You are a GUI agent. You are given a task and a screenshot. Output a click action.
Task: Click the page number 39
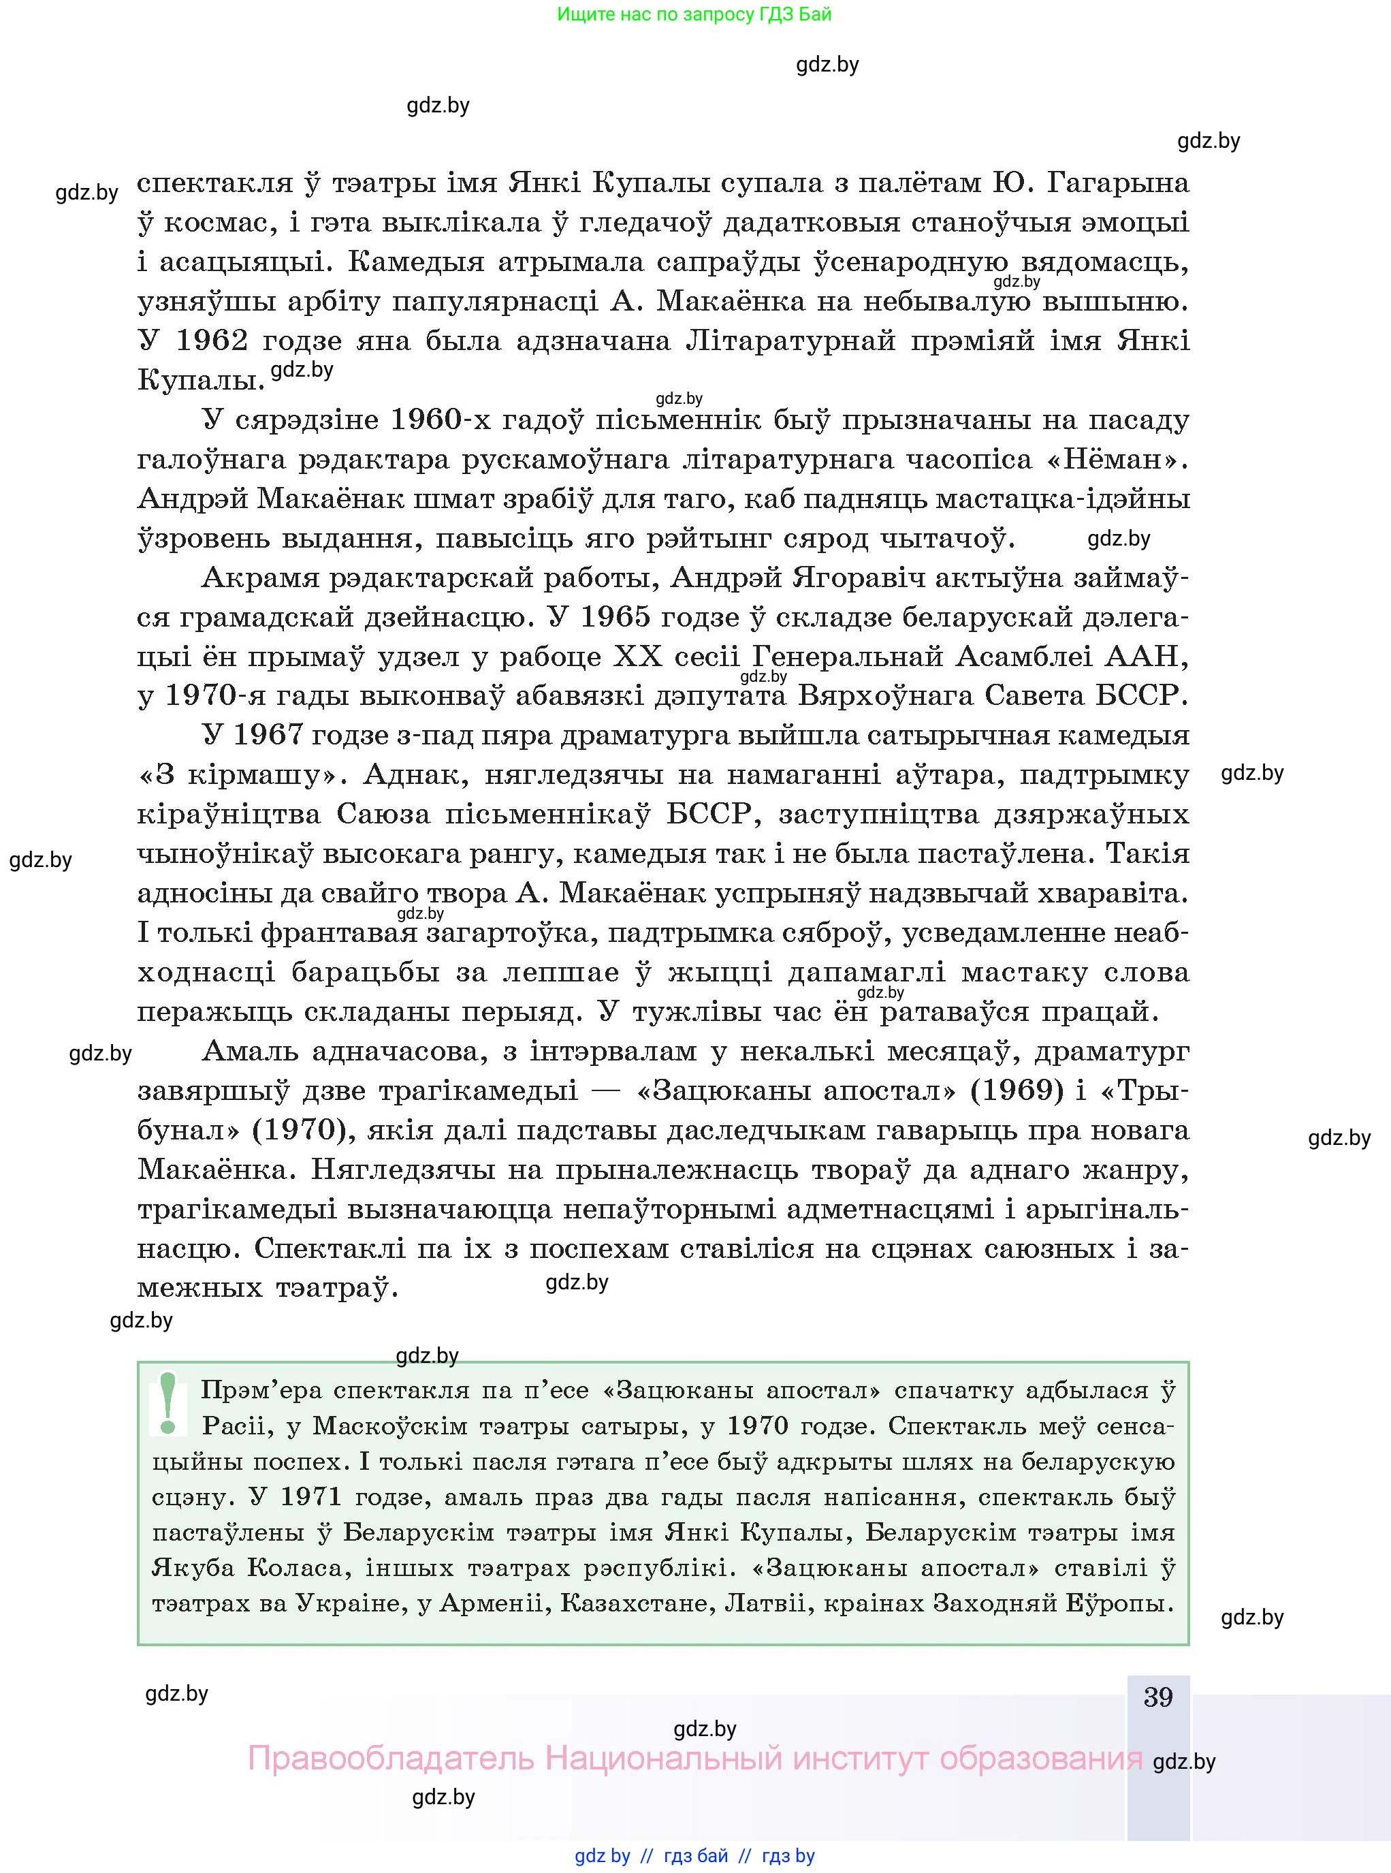click(1157, 1697)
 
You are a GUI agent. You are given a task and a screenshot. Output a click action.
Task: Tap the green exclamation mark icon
click(167, 1403)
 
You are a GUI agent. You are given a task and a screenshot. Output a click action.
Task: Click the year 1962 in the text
click(212, 341)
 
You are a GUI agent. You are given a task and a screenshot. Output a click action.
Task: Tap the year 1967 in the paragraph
click(267, 735)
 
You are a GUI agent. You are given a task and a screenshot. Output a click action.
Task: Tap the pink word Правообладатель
click(391, 1759)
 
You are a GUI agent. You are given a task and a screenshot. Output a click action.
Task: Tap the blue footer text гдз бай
click(696, 1856)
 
